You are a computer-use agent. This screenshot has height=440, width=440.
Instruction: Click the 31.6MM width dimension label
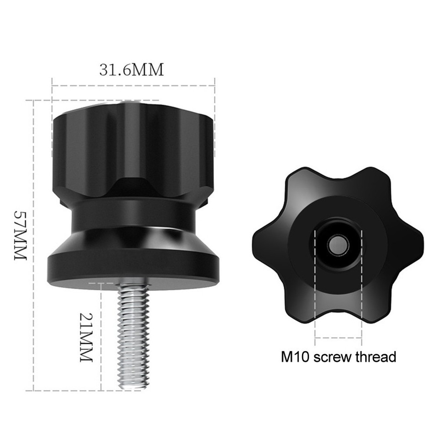132,70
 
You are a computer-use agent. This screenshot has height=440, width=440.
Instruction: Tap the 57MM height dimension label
21,236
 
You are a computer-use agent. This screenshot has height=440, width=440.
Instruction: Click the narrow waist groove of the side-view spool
133,215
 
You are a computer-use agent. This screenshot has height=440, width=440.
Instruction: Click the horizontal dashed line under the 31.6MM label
133,85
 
